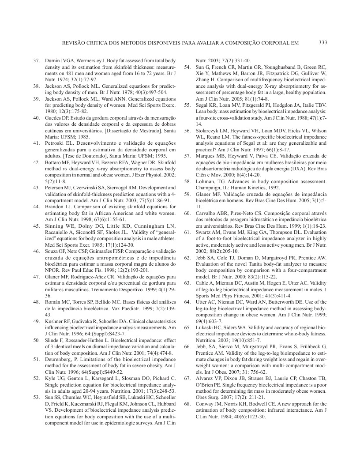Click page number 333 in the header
(322, 43)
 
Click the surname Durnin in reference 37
(53, 60)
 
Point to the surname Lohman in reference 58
(206, 181)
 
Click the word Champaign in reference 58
(210, 188)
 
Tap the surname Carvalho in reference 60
(207, 213)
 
